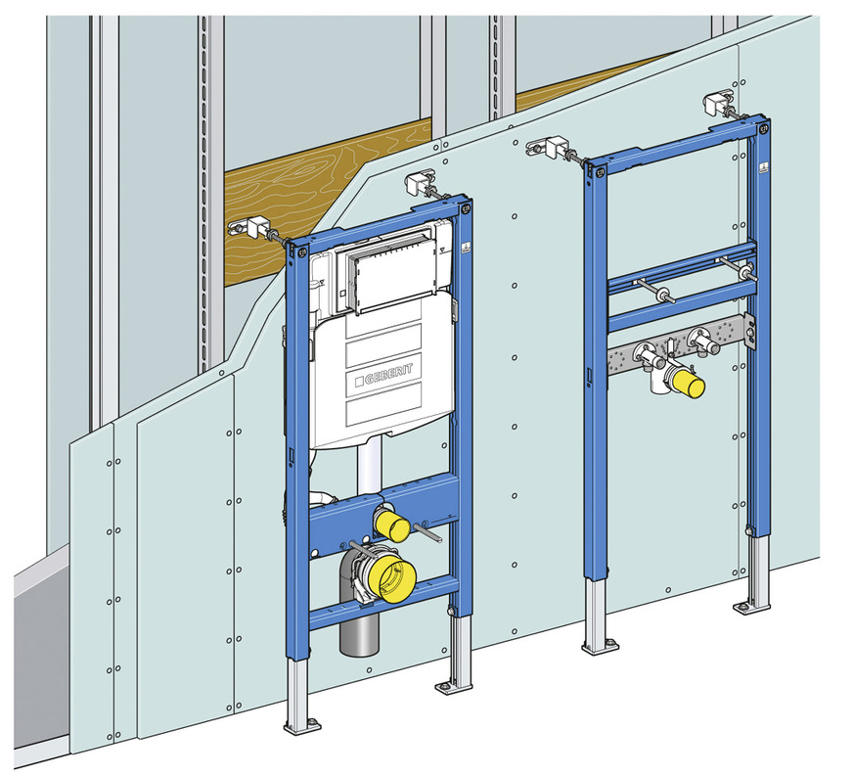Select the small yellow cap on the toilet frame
click(392, 524)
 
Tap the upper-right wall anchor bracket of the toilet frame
click(418, 183)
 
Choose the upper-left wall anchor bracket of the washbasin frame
click(545, 148)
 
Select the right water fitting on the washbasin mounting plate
click(700, 342)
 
